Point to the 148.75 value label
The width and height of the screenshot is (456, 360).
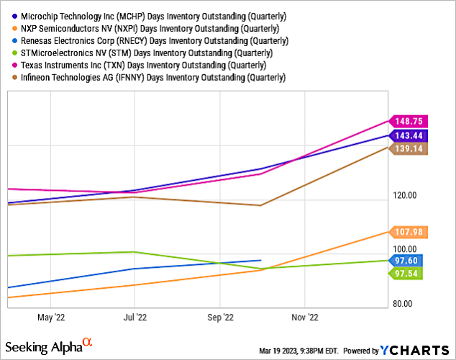408,122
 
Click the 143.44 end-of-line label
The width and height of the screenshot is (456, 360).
408,135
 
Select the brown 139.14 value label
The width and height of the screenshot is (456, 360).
408,148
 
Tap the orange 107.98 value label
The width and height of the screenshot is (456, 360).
408,231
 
